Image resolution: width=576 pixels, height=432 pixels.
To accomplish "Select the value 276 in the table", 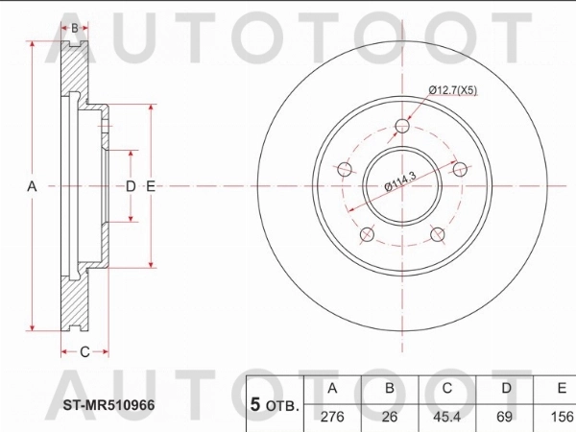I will pos(333,418).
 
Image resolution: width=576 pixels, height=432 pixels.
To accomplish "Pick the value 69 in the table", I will pos(504,418).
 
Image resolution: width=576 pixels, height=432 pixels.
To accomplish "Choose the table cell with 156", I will pos(560,418).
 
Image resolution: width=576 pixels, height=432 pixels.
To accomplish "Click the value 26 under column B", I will pos(390,418).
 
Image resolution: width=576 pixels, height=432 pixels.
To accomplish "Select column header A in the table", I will pos(333,389).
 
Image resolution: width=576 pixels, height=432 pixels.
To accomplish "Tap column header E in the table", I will pos(560,389).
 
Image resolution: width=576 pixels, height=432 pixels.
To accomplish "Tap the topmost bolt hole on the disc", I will pos(401,126).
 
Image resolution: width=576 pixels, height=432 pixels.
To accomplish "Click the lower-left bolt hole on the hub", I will pos(365,235).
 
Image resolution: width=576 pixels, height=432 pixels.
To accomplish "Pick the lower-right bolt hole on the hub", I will pos(438,235).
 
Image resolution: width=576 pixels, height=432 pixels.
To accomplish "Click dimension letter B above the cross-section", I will pos(75,28).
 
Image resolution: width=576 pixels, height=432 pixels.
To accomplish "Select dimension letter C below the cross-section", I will pos(84,352).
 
